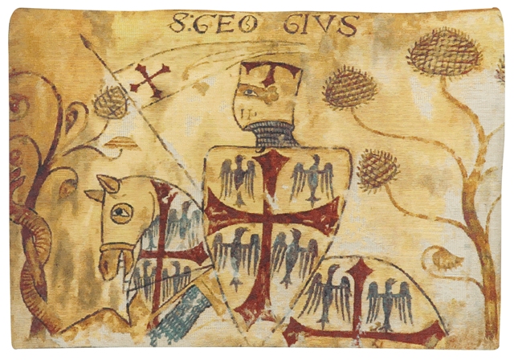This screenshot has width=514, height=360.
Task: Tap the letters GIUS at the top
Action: click(x=320, y=25)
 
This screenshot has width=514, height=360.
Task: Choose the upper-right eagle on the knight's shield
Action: click(x=312, y=178)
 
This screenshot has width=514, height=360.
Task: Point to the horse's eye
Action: click(x=121, y=213)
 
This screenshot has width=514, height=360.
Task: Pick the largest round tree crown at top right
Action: click(x=443, y=52)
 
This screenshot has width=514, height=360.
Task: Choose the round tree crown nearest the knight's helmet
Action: click(x=350, y=87)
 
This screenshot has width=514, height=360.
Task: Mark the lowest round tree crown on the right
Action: click(x=378, y=169)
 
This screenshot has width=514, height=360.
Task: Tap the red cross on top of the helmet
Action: click(x=271, y=73)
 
